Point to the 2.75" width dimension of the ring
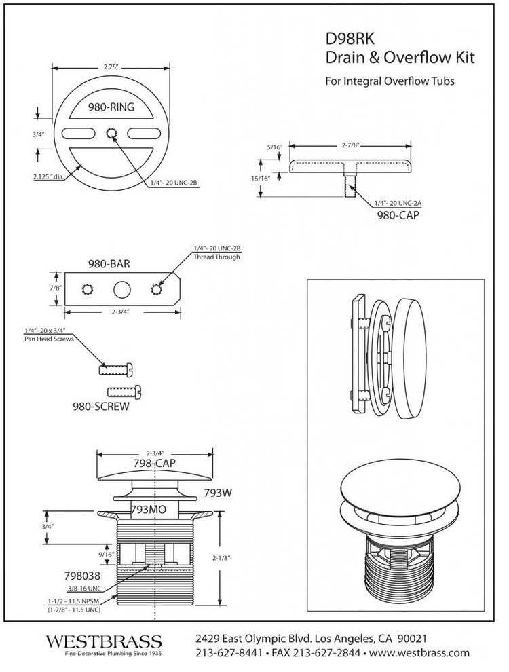click(111, 68)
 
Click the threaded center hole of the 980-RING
click(111, 134)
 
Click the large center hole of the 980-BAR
click(121, 288)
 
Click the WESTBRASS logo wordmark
click(104, 641)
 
